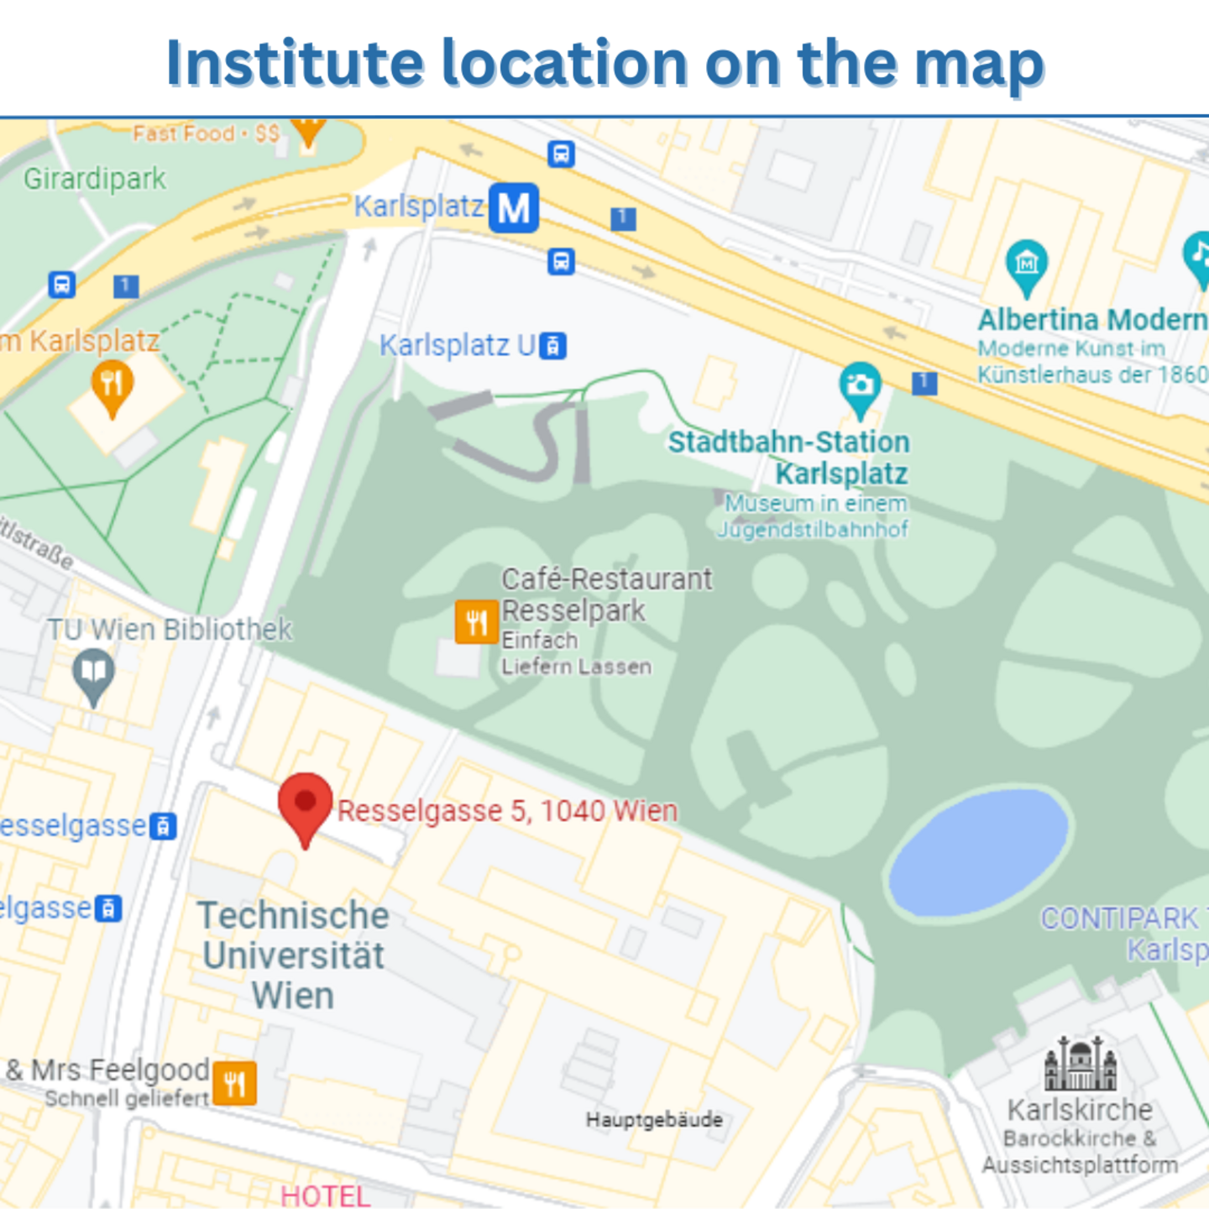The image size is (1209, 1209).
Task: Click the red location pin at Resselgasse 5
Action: coord(305,803)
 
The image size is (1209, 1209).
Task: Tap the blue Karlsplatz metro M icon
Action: coord(514,207)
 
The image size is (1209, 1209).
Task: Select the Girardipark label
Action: coord(95,179)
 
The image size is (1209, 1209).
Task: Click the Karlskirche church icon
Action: coord(1081,1064)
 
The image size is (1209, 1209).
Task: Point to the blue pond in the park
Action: coord(978,851)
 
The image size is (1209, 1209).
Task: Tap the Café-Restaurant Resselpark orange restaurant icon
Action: coord(476,622)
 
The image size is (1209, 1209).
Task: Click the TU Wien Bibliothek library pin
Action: coord(93,674)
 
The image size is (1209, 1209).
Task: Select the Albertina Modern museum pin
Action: coord(1026,265)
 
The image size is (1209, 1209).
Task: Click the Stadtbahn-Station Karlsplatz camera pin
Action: coord(860,387)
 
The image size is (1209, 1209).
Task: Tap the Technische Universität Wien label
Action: coord(294,955)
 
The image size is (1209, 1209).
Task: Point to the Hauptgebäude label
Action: coord(654,1119)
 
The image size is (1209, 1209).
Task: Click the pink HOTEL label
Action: coord(325,1196)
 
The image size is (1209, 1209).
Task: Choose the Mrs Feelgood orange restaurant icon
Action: coord(234,1083)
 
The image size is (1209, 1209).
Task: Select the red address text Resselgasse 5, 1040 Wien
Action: coord(507,811)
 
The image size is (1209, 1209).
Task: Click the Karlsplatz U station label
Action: coord(457,345)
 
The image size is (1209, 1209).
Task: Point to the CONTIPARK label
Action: coord(1120,919)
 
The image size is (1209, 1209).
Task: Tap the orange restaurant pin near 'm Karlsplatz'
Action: coord(112,385)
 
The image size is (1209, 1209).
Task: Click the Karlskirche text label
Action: coord(1080,1110)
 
